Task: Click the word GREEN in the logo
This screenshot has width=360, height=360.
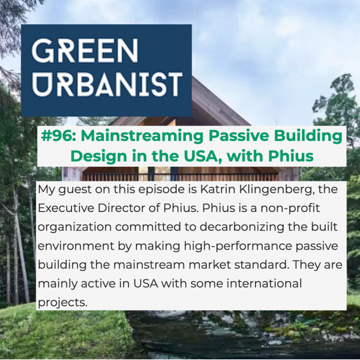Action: point(85,51)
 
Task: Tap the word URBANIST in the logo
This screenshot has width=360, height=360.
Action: point(107,84)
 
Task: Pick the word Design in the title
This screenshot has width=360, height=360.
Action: point(98,156)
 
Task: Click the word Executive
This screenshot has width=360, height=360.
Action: point(66,208)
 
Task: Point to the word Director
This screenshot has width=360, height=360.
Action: point(121,208)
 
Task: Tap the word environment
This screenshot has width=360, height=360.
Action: point(76,246)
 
